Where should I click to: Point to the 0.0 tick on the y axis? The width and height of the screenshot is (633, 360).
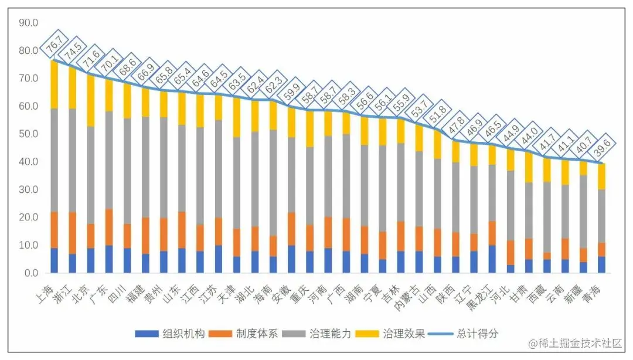pyautogui.click(x=31, y=273)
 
